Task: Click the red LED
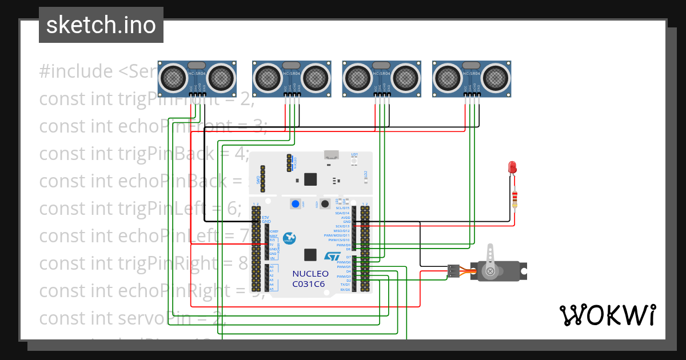click(x=512, y=167)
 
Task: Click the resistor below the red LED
click(x=514, y=199)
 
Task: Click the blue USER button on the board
click(x=296, y=204)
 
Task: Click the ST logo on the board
click(x=332, y=258)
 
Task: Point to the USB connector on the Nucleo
click(x=330, y=154)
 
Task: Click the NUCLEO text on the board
click(x=310, y=274)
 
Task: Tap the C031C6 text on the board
click(x=309, y=283)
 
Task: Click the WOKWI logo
click(x=608, y=315)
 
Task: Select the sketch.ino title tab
click(x=101, y=25)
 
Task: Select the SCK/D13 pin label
click(x=342, y=226)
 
